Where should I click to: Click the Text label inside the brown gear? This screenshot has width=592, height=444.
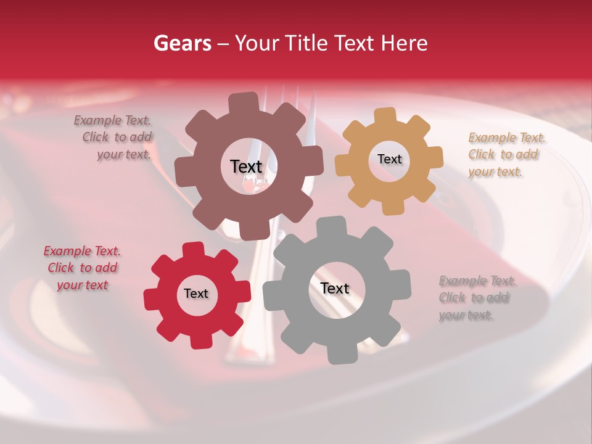[x=246, y=166]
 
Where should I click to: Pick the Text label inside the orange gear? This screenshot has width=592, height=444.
[x=389, y=159]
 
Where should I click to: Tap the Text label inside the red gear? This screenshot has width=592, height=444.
[x=196, y=294]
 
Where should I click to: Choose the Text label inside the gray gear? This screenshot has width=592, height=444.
[x=335, y=288]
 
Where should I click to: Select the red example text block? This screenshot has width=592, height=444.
[x=82, y=268]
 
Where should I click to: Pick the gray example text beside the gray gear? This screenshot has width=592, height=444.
[x=477, y=298]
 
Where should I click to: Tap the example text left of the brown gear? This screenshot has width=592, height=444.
[x=113, y=137]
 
